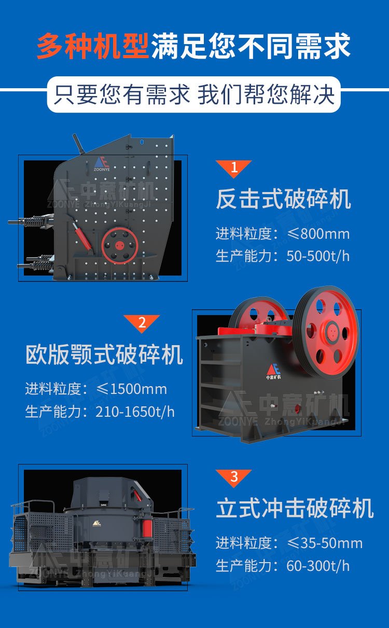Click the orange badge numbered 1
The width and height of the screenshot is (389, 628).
click(234, 168)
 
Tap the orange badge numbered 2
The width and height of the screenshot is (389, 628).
click(142, 322)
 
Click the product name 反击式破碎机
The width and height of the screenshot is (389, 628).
click(283, 199)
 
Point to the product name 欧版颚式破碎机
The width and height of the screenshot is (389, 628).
click(104, 355)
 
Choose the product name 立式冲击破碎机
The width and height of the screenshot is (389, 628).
click(295, 509)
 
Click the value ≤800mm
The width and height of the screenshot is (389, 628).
click(318, 234)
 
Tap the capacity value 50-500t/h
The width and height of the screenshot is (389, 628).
click(318, 256)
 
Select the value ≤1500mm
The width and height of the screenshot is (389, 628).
click(132, 389)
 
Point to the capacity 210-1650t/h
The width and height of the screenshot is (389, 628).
click(135, 412)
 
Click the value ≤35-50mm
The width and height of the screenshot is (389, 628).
click(325, 543)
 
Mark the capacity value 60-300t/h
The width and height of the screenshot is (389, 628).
click(318, 565)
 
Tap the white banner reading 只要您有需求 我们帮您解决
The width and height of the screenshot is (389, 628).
click(194, 95)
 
